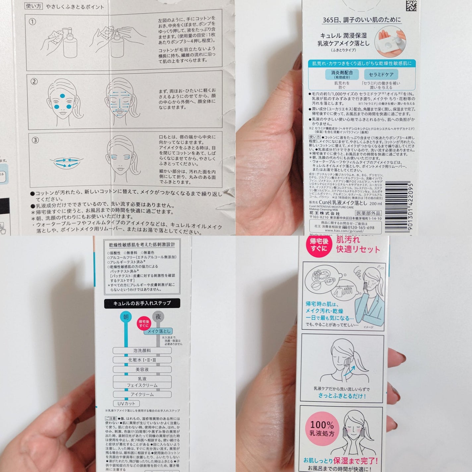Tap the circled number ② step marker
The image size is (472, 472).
coord(34,82)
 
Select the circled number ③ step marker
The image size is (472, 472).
coord(35,140)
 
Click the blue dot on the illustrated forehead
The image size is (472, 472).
coord(63,96)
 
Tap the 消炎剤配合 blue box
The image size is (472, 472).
coord(342,74)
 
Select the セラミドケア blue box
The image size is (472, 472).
coord(381,74)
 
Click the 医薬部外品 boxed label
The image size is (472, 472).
coord(369,213)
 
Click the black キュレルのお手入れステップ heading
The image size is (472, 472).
coord(142,303)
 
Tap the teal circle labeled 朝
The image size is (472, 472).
coord(126,317)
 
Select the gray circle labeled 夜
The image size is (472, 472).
coord(158,317)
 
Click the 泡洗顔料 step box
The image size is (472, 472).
coord(142,350)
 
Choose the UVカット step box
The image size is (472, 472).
coord(126,403)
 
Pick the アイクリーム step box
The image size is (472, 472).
coord(142,394)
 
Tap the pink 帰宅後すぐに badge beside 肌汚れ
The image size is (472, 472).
coord(319,245)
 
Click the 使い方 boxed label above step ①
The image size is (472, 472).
coord(34,6)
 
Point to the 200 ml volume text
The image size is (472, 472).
coord(376,204)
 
